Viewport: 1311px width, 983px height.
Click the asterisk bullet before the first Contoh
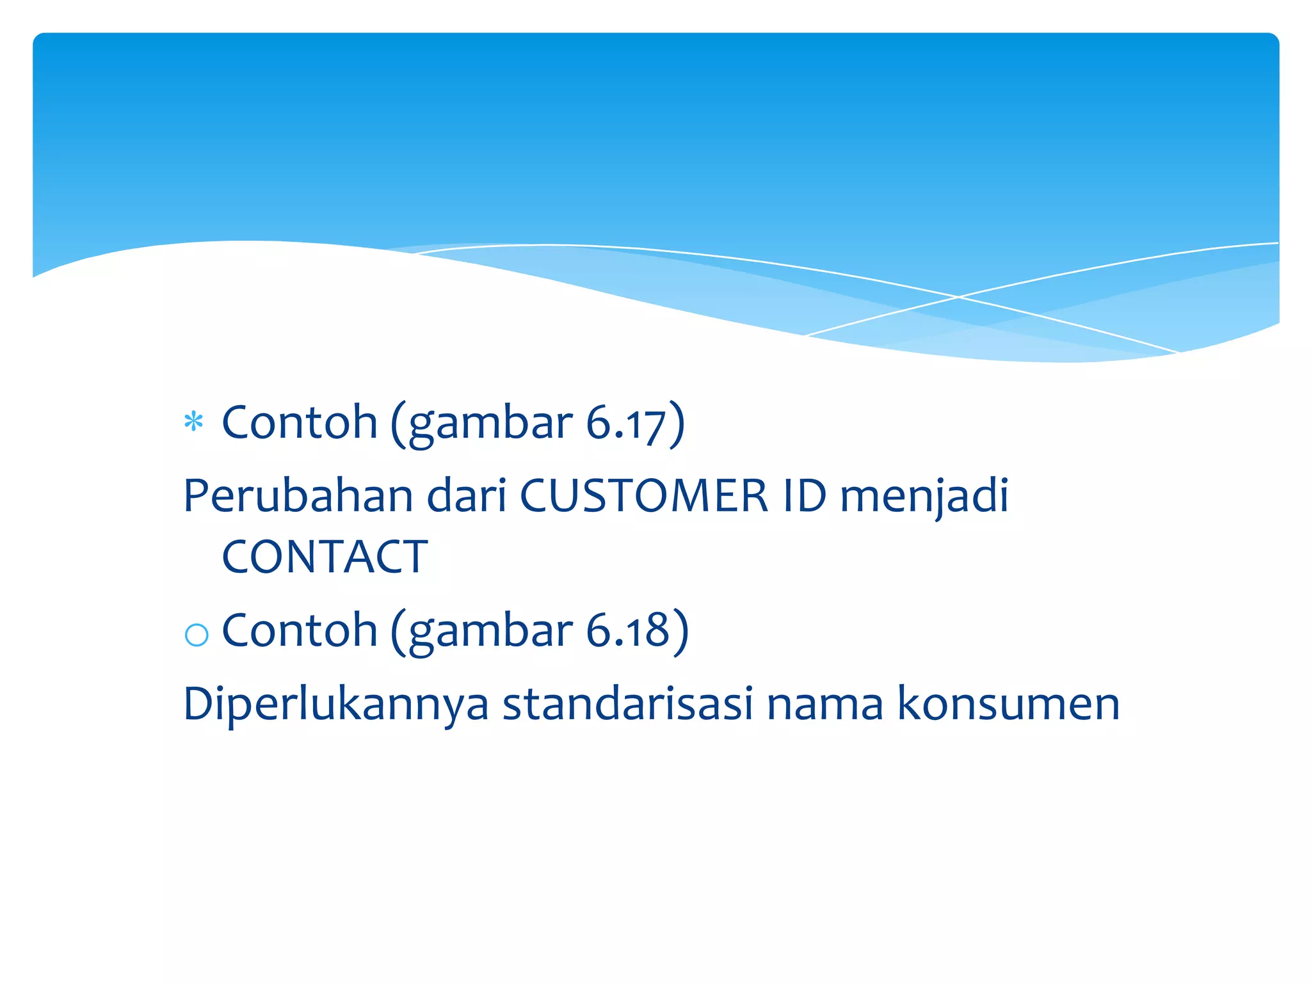193,422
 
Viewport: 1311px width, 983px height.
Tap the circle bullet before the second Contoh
196,634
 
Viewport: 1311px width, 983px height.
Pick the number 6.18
627,631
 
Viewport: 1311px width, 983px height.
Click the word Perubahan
298,495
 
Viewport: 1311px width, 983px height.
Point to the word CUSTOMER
643,495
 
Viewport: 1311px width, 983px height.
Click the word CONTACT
325,556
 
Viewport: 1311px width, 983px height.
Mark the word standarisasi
627,703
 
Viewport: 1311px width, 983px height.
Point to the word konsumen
1008,703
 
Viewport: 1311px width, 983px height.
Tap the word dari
467,495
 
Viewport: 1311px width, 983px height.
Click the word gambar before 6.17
490,425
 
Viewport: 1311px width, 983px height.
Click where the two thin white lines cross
958,297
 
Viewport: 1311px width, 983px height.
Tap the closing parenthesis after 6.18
681,631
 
